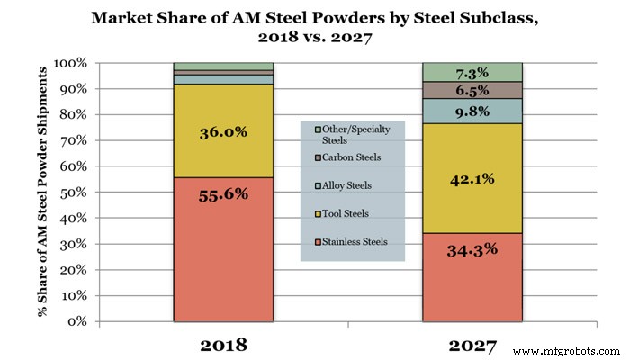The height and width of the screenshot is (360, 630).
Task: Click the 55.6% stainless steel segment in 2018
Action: click(x=223, y=249)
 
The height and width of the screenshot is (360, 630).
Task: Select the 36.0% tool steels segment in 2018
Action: click(x=223, y=130)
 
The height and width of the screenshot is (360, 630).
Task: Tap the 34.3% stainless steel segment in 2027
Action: click(x=472, y=277)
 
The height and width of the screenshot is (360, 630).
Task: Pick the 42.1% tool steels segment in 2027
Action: click(x=472, y=178)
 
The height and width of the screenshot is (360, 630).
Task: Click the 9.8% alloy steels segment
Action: click(x=472, y=111)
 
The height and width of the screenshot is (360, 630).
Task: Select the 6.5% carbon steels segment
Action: click(x=472, y=90)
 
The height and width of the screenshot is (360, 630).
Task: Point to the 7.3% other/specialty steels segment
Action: click(x=472, y=72)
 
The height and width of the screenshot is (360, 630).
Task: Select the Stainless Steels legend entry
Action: click(x=353, y=241)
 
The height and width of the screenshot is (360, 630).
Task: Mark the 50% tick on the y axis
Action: click(x=74, y=193)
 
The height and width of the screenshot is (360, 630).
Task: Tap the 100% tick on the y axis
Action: click(x=71, y=64)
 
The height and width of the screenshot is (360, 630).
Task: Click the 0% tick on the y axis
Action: click(x=77, y=321)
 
